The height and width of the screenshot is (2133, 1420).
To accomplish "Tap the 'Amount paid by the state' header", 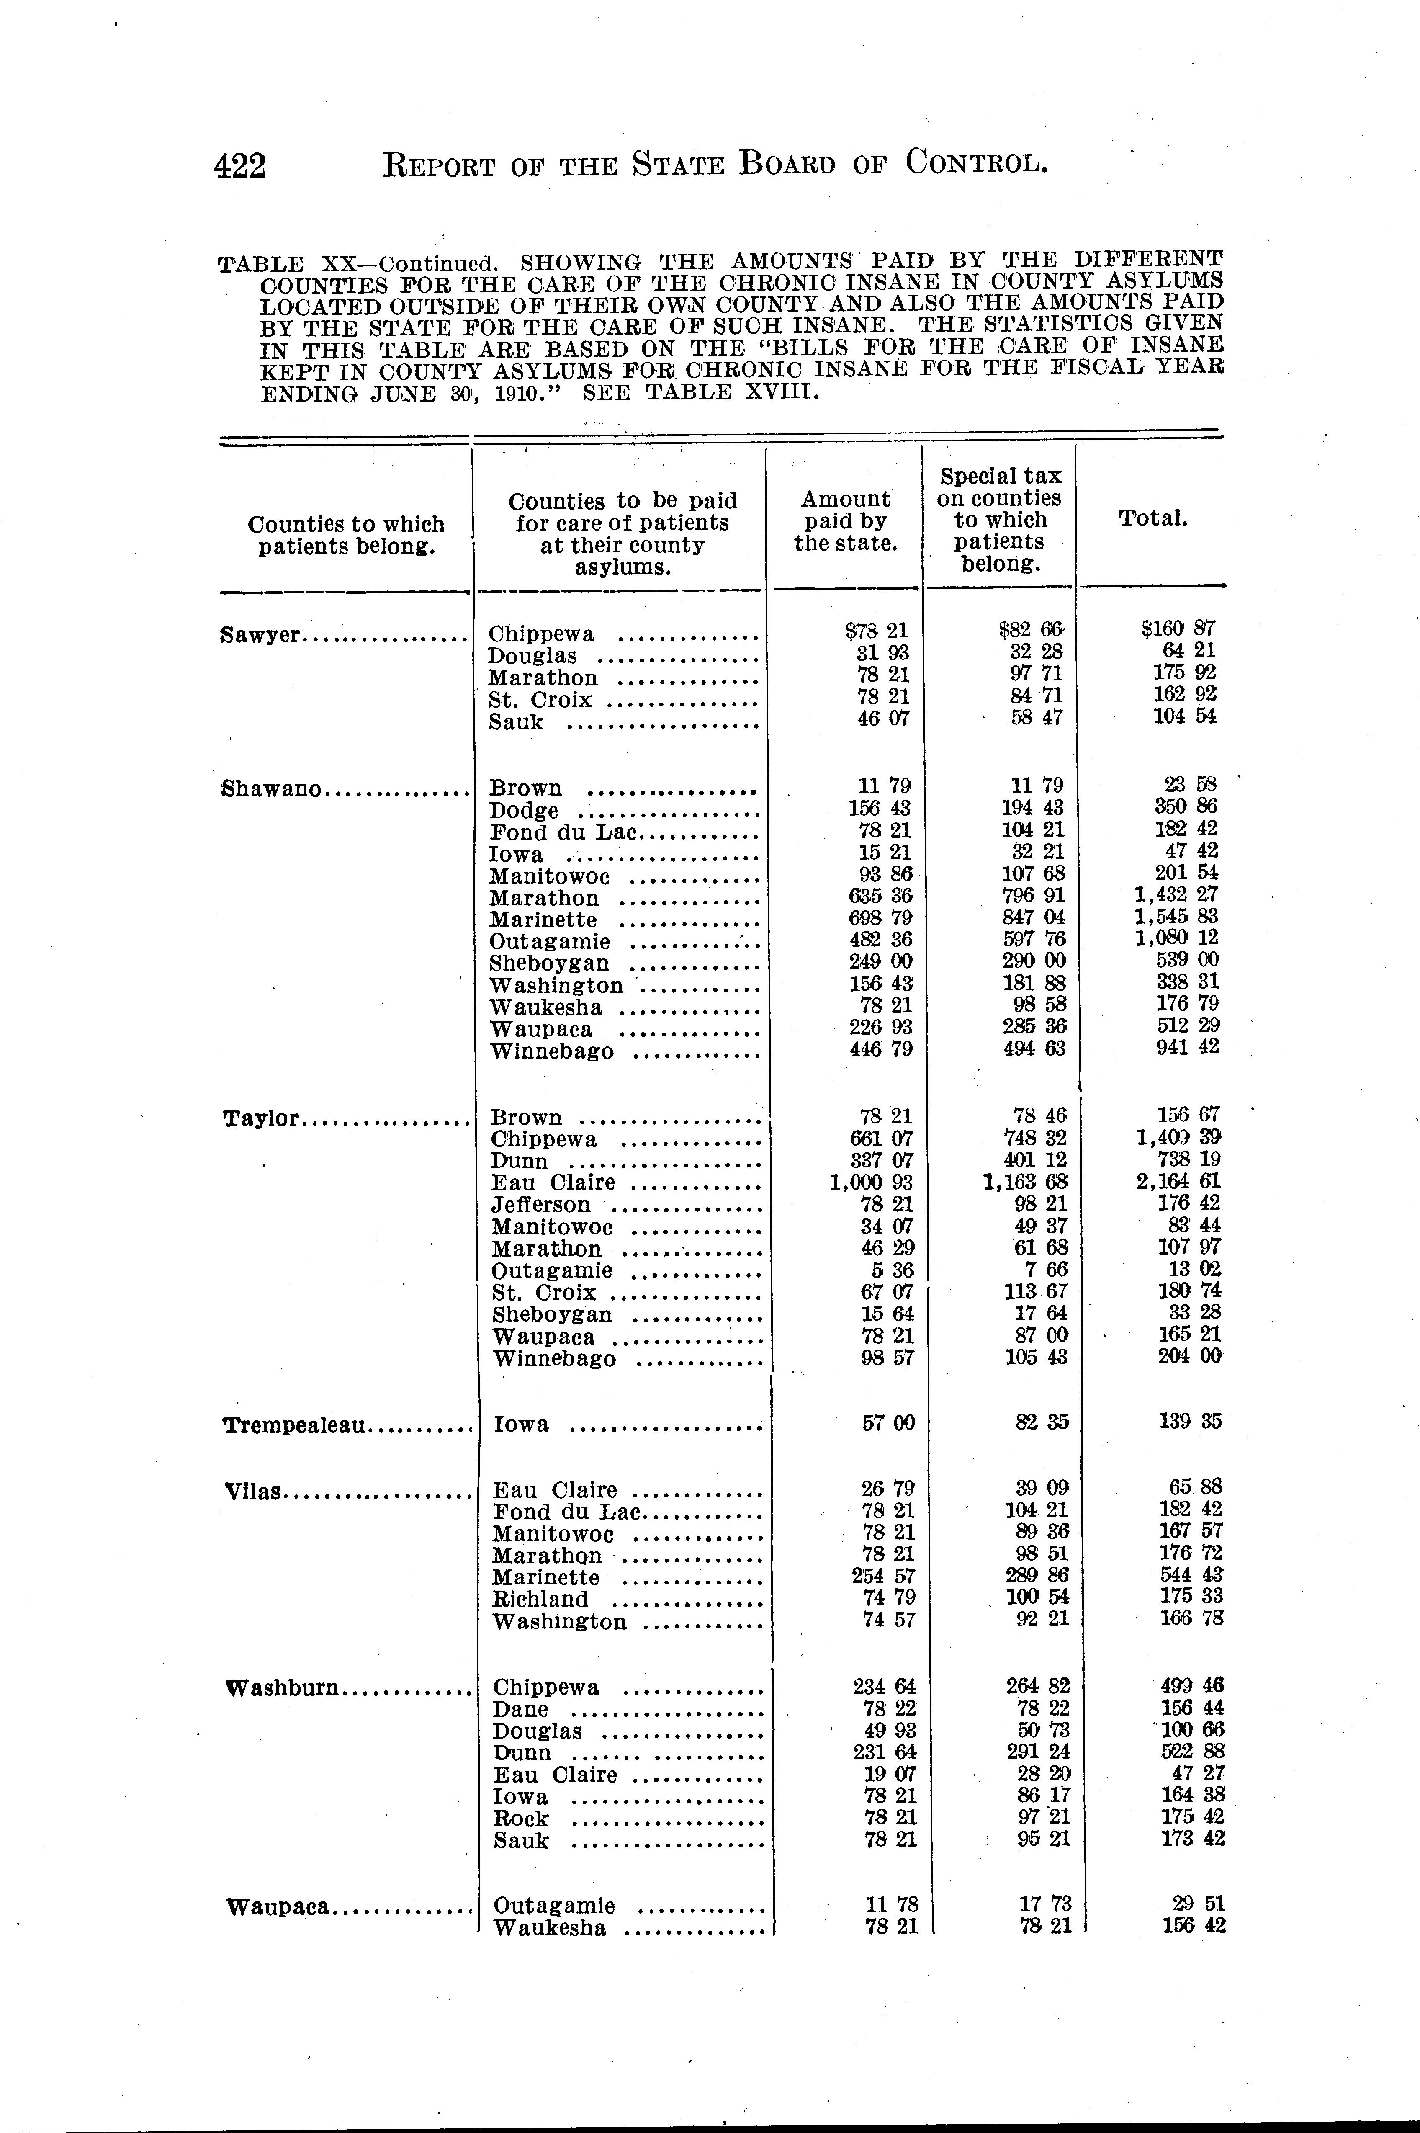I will click(845, 521).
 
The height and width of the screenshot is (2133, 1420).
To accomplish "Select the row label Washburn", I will click(283, 1687).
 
